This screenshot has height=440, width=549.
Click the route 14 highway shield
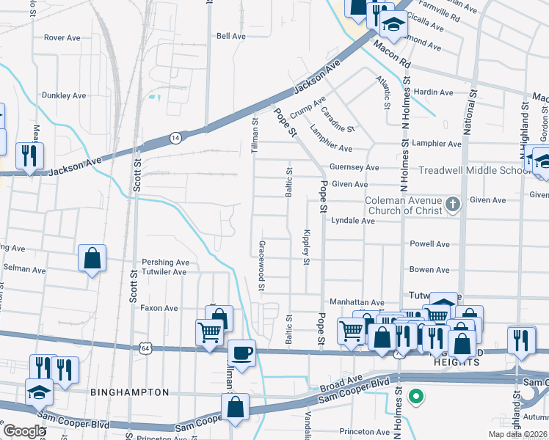(x=175, y=137)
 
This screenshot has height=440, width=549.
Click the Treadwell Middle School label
(x=474, y=170)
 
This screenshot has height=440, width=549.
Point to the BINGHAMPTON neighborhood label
(x=129, y=392)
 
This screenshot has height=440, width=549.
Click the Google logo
(x=24, y=430)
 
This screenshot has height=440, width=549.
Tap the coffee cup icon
(x=241, y=352)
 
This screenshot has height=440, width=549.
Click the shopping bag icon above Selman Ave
(x=92, y=258)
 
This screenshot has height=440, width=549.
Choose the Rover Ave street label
(x=62, y=37)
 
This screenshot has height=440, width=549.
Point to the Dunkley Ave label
(x=64, y=95)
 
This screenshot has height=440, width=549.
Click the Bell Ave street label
(x=230, y=36)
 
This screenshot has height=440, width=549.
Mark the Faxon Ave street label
(x=159, y=309)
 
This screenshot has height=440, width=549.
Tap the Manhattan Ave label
(x=357, y=302)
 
